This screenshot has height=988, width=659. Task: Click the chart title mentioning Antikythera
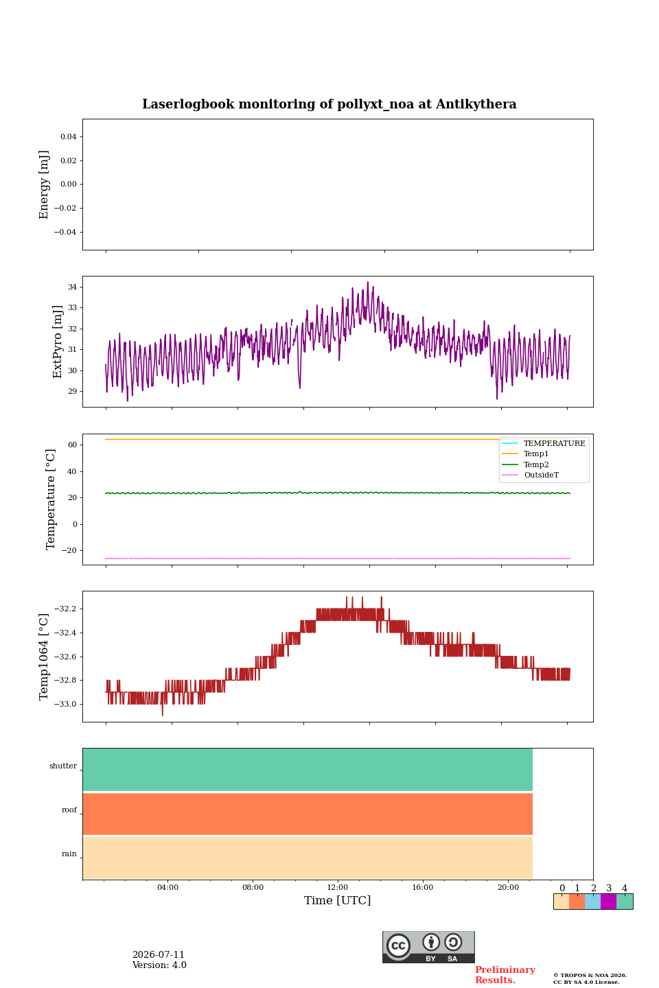[329, 104]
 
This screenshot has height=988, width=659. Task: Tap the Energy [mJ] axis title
[44, 185]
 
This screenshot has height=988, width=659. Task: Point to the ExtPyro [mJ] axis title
[58, 342]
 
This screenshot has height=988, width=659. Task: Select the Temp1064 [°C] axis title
[44, 657]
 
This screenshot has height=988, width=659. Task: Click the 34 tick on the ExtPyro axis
[72, 287]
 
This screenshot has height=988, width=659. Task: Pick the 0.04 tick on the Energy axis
[69, 137]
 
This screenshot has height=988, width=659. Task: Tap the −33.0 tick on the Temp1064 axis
[65, 704]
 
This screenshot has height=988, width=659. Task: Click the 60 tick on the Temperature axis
[73, 445]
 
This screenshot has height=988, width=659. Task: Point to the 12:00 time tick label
[337, 887]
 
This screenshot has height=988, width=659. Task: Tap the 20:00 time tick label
[508, 887]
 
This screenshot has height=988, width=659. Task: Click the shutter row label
[63, 766]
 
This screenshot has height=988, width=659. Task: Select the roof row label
[69, 810]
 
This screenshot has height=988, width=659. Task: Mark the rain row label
[69, 854]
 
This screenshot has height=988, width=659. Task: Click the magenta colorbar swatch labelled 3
[609, 902]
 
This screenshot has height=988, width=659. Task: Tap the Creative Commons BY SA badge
[428, 947]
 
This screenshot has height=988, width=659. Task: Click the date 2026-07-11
[159, 954]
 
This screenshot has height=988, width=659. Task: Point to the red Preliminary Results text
[505, 975]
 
